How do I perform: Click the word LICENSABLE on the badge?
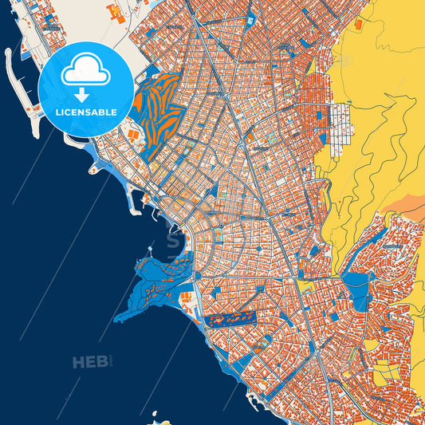pyautogui.click(x=85, y=112)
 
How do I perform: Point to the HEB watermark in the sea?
pyautogui.click(x=90, y=363)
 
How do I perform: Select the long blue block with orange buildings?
pyautogui.click(x=227, y=319)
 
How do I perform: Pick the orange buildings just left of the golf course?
pyautogui.click(x=132, y=136)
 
